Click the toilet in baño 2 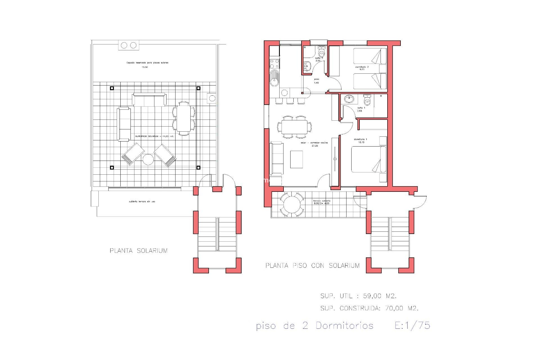pos(321,53)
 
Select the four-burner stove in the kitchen pos(274,64)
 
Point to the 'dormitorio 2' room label pos(362,67)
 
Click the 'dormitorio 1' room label pos(361,139)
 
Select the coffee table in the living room pos(296,159)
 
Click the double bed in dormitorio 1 pos(368,159)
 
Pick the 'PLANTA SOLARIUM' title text pos(139,251)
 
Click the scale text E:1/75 pos(412,325)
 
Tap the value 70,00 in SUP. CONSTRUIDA pos(394,308)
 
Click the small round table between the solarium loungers pos(148,159)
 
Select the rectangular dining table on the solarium pos(183,118)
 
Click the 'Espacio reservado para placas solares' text pos(147,63)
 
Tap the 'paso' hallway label pos(316,79)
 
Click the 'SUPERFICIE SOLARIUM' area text pos(154,136)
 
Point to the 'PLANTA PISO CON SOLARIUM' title pos(312,265)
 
